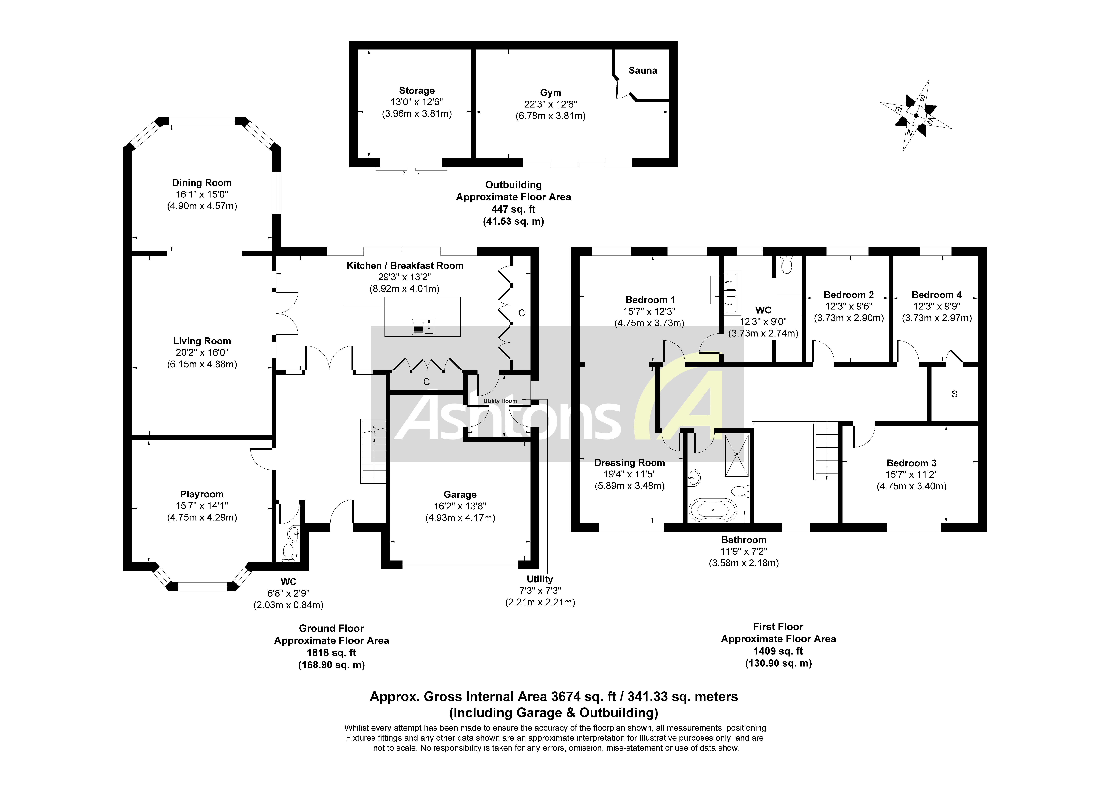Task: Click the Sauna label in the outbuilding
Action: pos(642,71)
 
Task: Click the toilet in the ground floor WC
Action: pos(289,552)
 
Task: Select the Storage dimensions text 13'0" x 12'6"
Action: pos(417,102)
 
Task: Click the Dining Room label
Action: pos(202,183)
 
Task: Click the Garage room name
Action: pos(460,494)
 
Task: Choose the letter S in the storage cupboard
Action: pos(954,394)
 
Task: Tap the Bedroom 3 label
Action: pos(911,463)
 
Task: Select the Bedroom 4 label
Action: pos(936,295)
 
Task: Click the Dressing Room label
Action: pos(629,463)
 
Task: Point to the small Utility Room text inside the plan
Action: pos(500,401)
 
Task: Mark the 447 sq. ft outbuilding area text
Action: pos(513,209)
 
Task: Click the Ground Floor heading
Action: pos(331,628)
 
